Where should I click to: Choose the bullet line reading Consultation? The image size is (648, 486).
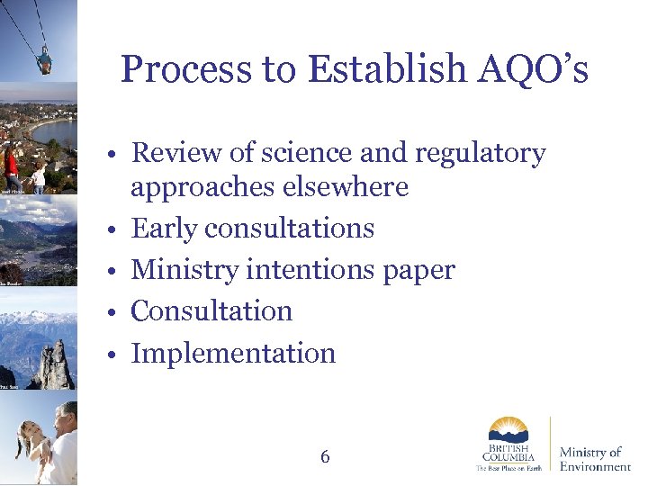[x=211, y=311]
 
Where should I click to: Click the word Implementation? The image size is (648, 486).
[x=233, y=354]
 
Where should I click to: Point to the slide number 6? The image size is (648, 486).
[x=325, y=457]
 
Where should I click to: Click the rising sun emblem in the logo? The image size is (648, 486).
[x=508, y=428]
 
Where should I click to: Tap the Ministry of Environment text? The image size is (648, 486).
[x=594, y=459]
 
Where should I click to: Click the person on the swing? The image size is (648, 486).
[x=44, y=61]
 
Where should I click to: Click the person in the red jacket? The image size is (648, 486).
[x=11, y=166]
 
